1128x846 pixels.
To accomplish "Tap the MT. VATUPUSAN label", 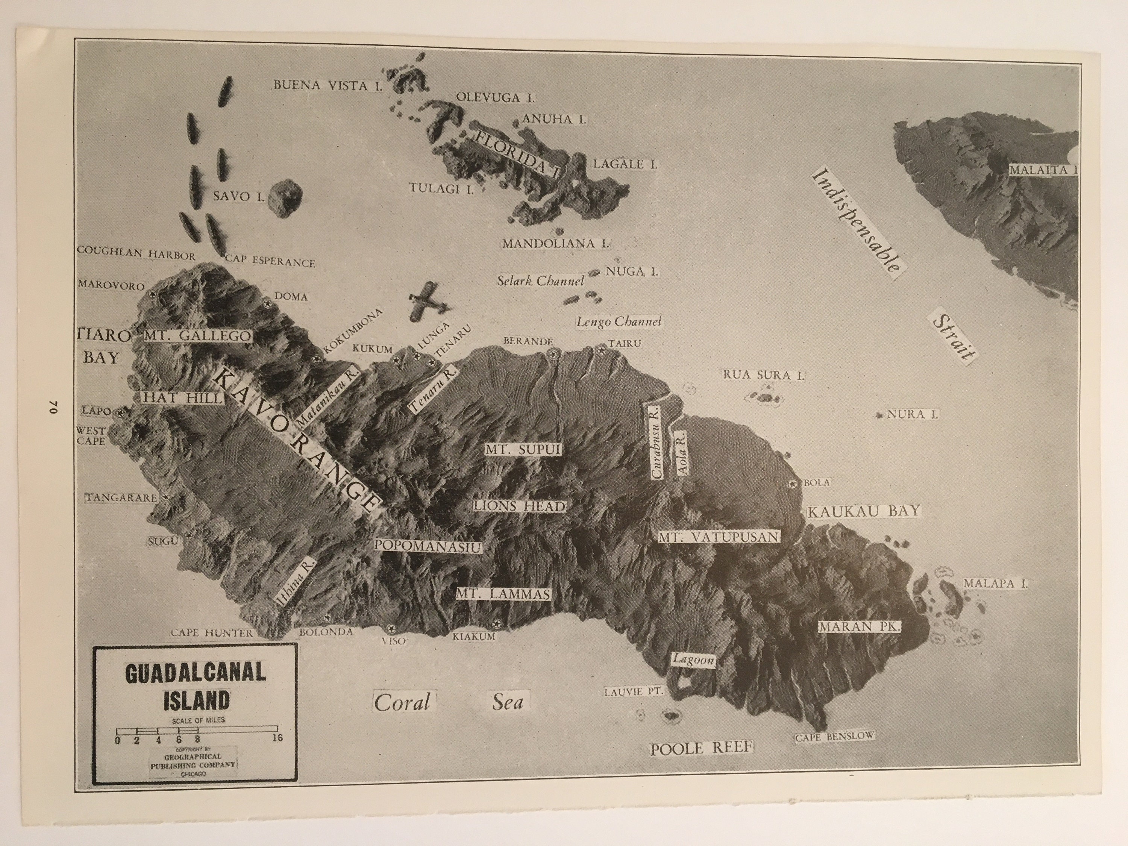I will coord(719,537).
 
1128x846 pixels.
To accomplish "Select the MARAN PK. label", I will coord(860,627).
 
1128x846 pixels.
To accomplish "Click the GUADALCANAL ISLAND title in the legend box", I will coord(195,686).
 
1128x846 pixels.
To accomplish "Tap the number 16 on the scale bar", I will coord(277,738).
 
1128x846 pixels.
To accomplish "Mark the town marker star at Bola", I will coord(792,483).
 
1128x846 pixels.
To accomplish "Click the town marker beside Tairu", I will coord(601,351).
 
